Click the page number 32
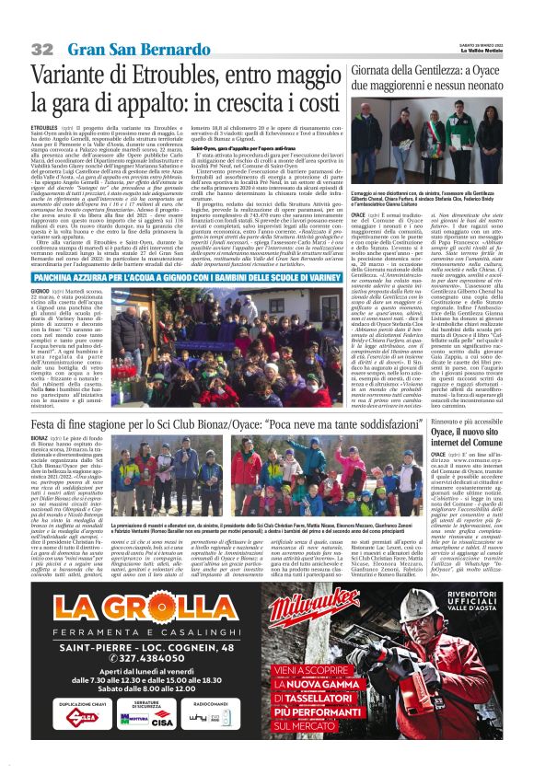(41, 47)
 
